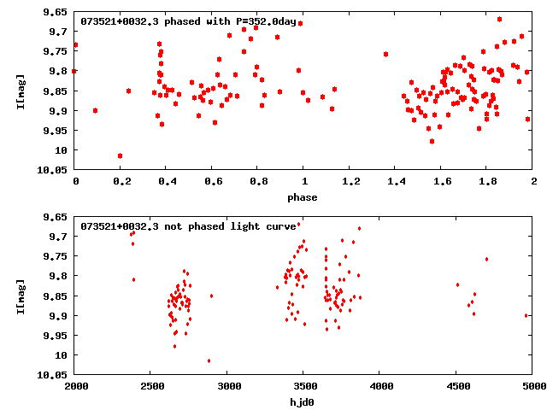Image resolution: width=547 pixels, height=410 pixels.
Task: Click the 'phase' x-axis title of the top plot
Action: pyautogui.click(x=303, y=197)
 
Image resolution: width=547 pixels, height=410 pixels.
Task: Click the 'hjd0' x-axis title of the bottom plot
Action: pyautogui.click(x=303, y=402)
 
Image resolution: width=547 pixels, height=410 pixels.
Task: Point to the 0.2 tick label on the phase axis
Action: pyautogui.click(x=121, y=181)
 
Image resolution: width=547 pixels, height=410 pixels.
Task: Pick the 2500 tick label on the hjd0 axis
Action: pyautogui.click(x=150, y=386)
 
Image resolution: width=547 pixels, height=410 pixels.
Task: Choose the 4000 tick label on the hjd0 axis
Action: pyautogui.click(x=379, y=386)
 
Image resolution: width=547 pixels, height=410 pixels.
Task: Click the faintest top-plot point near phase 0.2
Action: pyautogui.click(x=120, y=155)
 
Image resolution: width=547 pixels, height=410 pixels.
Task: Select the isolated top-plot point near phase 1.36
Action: pyautogui.click(x=386, y=54)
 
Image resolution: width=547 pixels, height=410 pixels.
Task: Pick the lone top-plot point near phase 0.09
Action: pyautogui.click(x=95, y=110)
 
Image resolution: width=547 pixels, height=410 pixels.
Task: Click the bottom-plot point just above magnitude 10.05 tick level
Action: pyautogui.click(x=209, y=360)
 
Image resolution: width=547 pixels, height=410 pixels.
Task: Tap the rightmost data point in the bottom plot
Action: pyautogui.click(x=526, y=315)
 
